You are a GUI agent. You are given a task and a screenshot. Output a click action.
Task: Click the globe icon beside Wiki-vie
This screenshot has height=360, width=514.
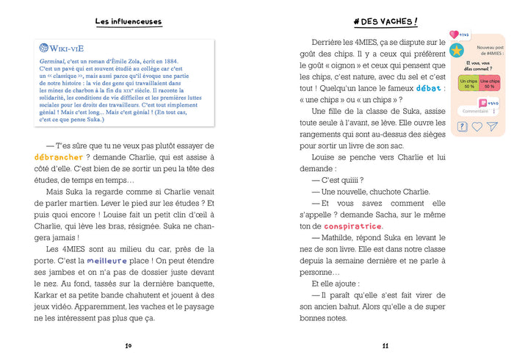click(44, 48)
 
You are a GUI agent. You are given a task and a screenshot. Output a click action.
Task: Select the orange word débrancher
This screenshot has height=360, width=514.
click(58, 156)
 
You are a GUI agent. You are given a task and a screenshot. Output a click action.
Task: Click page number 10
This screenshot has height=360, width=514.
click(128, 345)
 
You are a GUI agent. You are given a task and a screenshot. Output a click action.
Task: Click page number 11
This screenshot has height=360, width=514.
click(385, 345)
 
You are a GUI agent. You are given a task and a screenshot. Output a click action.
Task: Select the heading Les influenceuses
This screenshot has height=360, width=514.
click(128, 22)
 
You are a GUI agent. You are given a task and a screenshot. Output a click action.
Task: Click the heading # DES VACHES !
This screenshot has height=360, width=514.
click(385, 22)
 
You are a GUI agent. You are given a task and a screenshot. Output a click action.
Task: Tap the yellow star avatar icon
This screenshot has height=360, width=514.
click(457, 51)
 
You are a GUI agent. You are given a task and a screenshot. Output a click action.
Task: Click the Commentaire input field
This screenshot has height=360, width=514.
click(476, 111)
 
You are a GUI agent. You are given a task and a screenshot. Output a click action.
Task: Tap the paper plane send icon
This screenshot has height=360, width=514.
click(493, 126)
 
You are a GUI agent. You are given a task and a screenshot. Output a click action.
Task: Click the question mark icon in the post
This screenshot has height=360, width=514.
click(462, 126)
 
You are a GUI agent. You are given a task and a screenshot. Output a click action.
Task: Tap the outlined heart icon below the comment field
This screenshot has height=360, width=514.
click(477, 126)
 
